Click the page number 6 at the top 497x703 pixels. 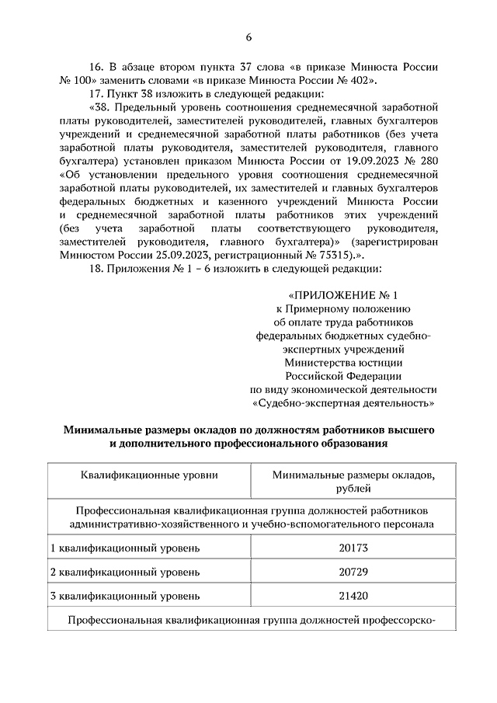[x=248, y=37]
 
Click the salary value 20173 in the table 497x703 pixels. [x=353, y=548]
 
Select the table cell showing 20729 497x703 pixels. [x=353, y=572]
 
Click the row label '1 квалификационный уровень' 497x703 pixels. [x=125, y=548]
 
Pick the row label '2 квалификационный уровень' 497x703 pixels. [x=125, y=572]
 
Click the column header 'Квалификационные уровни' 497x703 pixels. [x=149, y=474]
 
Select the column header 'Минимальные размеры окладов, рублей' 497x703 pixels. [x=353, y=481]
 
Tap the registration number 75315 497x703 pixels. [x=332, y=254]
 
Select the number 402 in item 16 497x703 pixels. [x=360, y=79]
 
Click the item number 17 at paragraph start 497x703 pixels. [x=97, y=94]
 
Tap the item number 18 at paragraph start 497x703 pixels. [x=97, y=269]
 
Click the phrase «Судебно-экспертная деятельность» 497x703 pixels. [x=342, y=403]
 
